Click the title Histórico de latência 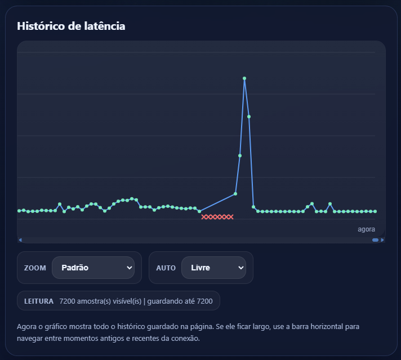71,26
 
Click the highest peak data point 244,78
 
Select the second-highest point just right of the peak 249,117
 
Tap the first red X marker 204,217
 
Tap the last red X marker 231,217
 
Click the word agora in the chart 366,229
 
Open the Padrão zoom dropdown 93,268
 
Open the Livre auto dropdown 213,268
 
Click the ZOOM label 35,268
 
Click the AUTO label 166,268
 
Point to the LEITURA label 39,301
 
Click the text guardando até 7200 180,301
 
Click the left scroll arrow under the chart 20,240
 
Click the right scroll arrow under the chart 382,240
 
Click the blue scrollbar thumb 376,240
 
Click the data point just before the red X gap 199,211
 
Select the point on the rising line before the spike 235,194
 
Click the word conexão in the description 186,339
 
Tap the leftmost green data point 19,211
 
